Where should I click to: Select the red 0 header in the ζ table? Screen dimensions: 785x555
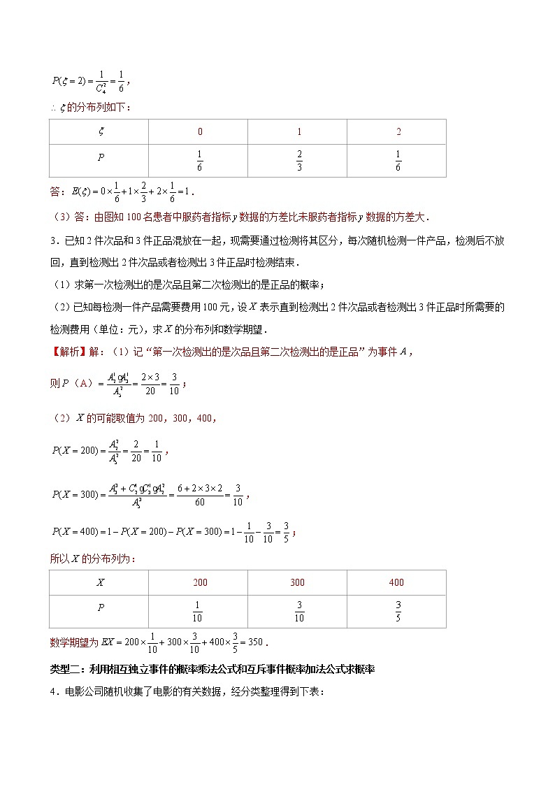(x=199, y=132)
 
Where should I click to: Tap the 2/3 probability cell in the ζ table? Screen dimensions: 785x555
(x=298, y=160)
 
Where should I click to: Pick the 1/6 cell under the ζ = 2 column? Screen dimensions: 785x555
(x=398, y=160)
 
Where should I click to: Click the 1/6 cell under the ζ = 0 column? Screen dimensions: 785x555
(x=199, y=160)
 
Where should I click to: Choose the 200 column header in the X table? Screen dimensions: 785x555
(x=199, y=582)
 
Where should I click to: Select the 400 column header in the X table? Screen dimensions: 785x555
(x=397, y=582)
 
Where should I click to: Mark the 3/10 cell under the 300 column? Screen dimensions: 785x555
(x=298, y=611)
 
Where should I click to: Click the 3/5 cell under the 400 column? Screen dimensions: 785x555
(x=398, y=611)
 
